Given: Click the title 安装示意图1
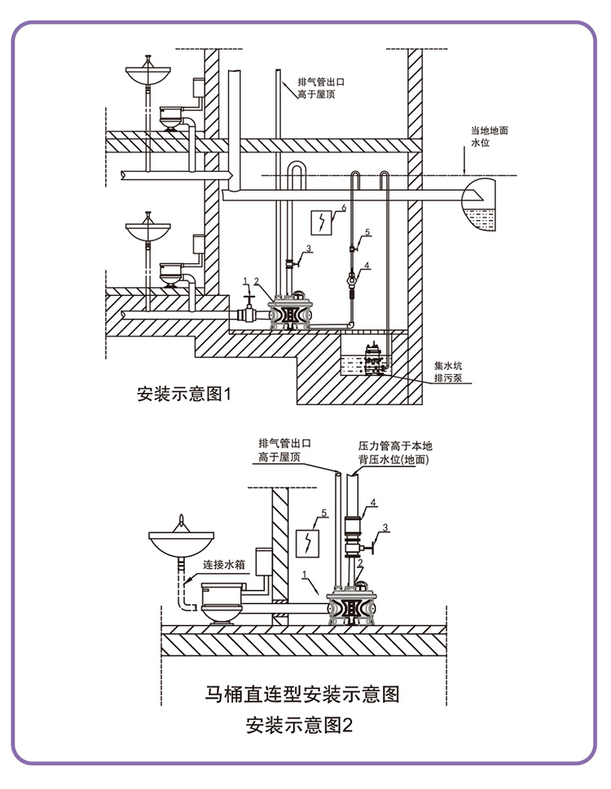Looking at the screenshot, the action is click(x=184, y=394).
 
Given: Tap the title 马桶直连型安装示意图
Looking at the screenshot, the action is click(x=302, y=694).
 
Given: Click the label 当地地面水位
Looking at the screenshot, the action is click(x=490, y=136).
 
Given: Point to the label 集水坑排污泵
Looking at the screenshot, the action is click(x=448, y=372).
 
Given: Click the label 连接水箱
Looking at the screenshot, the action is click(x=224, y=565).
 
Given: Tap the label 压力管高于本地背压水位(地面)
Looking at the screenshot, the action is click(x=395, y=452).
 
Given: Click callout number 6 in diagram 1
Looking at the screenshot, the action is click(x=344, y=207).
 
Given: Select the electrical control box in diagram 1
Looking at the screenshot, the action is click(x=321, y=223).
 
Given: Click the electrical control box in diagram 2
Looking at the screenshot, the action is click(x=307, y=544).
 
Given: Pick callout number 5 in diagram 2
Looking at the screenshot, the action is click(x=324, y=514).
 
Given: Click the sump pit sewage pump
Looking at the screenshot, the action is click(x=375, y=359).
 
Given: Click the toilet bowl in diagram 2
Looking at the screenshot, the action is click(x=222, y=603).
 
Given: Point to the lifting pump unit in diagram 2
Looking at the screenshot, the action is click(x=351, y=604).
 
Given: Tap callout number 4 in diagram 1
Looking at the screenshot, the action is click(x=367, y=265).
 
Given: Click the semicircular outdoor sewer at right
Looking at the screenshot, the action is click(x=478, y=205).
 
